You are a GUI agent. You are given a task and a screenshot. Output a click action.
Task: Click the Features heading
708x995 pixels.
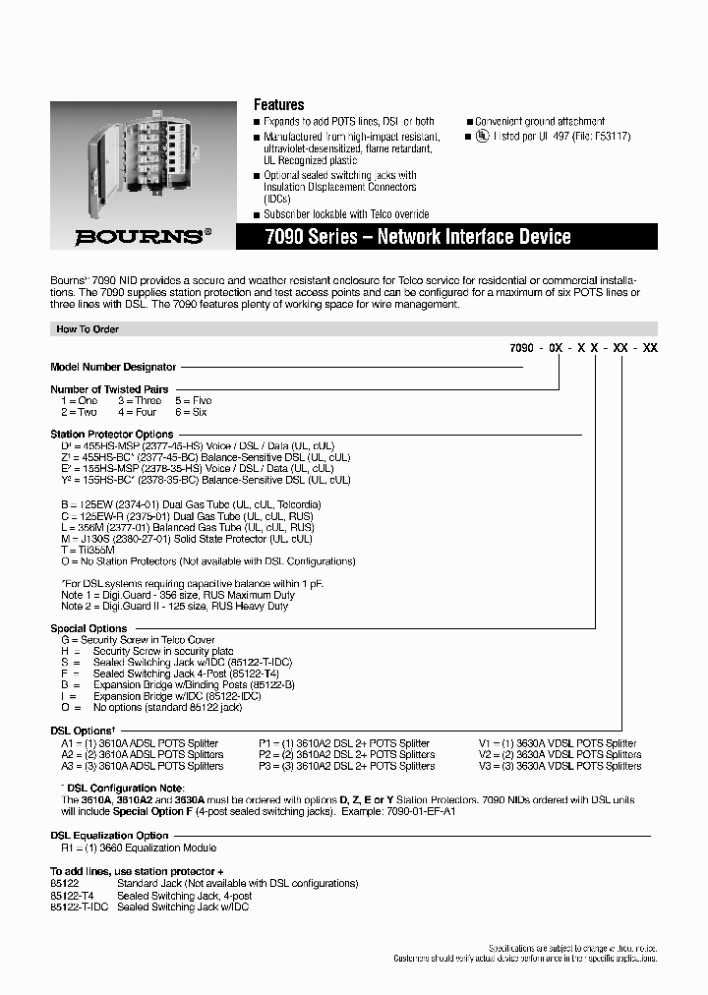(x=278, y=104)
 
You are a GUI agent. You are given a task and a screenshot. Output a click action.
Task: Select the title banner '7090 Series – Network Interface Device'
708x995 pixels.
(x=417, y=237)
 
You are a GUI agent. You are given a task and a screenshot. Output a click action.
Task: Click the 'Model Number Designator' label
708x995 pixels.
(x=113, y=367)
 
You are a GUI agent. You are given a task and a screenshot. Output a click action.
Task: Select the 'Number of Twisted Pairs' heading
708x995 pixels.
(x=108, y=389)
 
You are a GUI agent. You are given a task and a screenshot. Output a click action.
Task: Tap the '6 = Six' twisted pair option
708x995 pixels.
(x=192, y=412)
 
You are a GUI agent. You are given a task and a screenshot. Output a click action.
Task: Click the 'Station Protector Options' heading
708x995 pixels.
(x=111, y=434)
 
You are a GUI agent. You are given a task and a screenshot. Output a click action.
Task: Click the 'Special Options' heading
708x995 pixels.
(x=88, y=628)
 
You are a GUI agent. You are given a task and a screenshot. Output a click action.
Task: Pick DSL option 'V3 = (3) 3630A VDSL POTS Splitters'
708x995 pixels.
(x=560, y=766)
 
